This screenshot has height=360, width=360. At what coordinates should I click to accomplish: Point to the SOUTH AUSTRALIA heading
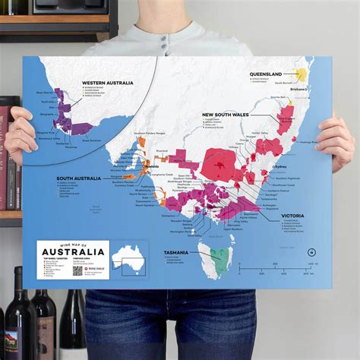pyautogui.click(x=79, y=178)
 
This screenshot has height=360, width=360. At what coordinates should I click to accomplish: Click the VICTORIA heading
pyautogui.click(x=292, y=215)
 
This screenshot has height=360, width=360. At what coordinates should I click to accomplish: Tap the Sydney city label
pyautogui.click(x=279, y=166)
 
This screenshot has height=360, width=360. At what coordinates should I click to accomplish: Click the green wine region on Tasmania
pyautogui.click(x=219, y=259)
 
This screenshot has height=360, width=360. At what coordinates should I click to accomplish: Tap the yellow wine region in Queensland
pyautogui.click(x=302, y=75)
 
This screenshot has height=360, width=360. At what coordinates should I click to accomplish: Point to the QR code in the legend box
pyautogui.click(x=77, y=270)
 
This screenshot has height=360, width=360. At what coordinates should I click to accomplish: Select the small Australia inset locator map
pyautogui.click(x=128, y=261)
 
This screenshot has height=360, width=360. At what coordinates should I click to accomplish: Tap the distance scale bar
pyautogui.click(x=303, y=264)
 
